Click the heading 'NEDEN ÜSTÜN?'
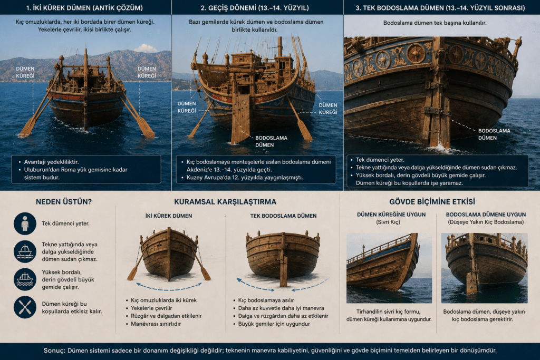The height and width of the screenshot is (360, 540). (x=64, y=202)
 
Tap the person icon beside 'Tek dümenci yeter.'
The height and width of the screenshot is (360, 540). (x=25, y=223)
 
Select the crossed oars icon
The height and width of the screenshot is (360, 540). (x=25, y=307)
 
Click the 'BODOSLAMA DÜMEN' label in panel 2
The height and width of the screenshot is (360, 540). (x=271, y=141)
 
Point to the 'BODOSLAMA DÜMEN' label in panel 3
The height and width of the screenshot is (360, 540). (x=494, y=134)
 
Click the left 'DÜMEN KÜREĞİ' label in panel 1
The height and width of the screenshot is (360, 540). (x=25, y=72)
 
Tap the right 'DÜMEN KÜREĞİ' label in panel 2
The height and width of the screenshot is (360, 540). (x=328, y=109)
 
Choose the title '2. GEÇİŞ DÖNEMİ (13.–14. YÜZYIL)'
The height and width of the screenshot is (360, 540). (x=255, y=7)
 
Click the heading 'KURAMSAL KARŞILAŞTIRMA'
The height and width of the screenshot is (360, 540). (x=225, y=202)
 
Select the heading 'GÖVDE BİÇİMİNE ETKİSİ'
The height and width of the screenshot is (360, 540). (x=432, y=202)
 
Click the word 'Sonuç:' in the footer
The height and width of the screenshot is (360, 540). (x=54, y=351)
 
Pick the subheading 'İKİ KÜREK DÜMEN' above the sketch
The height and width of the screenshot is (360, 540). (x=169, y=216)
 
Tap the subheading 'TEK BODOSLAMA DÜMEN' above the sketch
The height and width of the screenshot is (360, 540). (x=283, y=216)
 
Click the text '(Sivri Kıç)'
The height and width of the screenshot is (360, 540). (x=388, y=222)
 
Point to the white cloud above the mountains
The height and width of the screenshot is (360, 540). (x=146, y=48)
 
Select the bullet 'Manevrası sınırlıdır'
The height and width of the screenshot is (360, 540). (x=156, y=324)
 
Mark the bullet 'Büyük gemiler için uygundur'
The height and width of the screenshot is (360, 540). (x=274, y=324)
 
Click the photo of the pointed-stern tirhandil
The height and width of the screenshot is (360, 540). (x=389, y=268)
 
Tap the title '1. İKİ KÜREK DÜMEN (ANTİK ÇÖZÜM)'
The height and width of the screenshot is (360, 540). (x=84, y=7)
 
